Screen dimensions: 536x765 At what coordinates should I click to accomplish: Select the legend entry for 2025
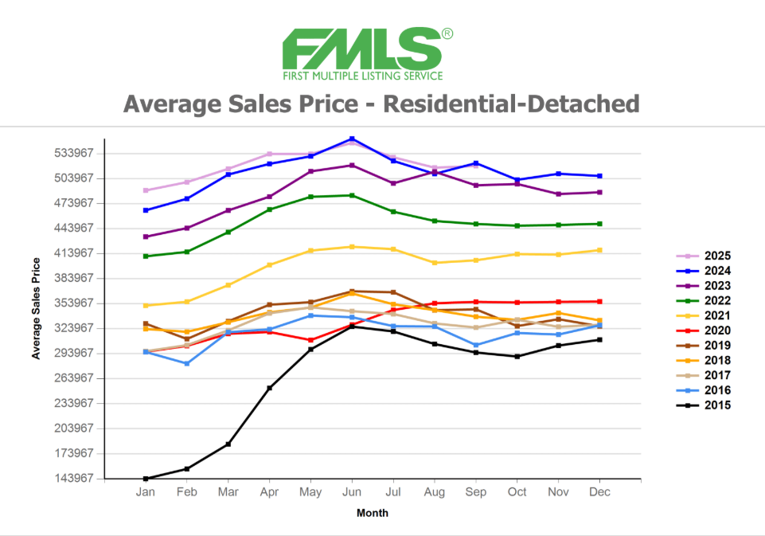(716, 256)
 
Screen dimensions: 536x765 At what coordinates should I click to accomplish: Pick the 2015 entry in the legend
(716, 405)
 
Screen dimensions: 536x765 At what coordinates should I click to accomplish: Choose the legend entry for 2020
(716, 331)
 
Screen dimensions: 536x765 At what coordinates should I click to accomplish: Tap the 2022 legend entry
(716, 301)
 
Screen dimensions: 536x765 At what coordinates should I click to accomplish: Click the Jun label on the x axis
(352, 493)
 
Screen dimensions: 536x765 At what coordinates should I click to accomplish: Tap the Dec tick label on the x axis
(599, 493)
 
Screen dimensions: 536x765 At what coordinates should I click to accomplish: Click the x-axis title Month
(373, 514)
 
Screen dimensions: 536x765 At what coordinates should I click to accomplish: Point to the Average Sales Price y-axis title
(36, 307)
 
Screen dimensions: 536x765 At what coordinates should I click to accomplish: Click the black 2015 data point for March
(228, 444)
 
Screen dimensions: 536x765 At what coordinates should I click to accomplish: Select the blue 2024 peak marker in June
(352, 139)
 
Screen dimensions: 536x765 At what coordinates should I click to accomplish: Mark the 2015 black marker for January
(146, 479)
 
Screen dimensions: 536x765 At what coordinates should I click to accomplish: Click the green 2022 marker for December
(599, 224)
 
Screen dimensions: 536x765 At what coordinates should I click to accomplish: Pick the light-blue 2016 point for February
(187, 363)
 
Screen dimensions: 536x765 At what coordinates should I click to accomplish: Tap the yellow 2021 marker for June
(352, 247)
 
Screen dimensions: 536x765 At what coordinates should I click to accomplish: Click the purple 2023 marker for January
(146, 237)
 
